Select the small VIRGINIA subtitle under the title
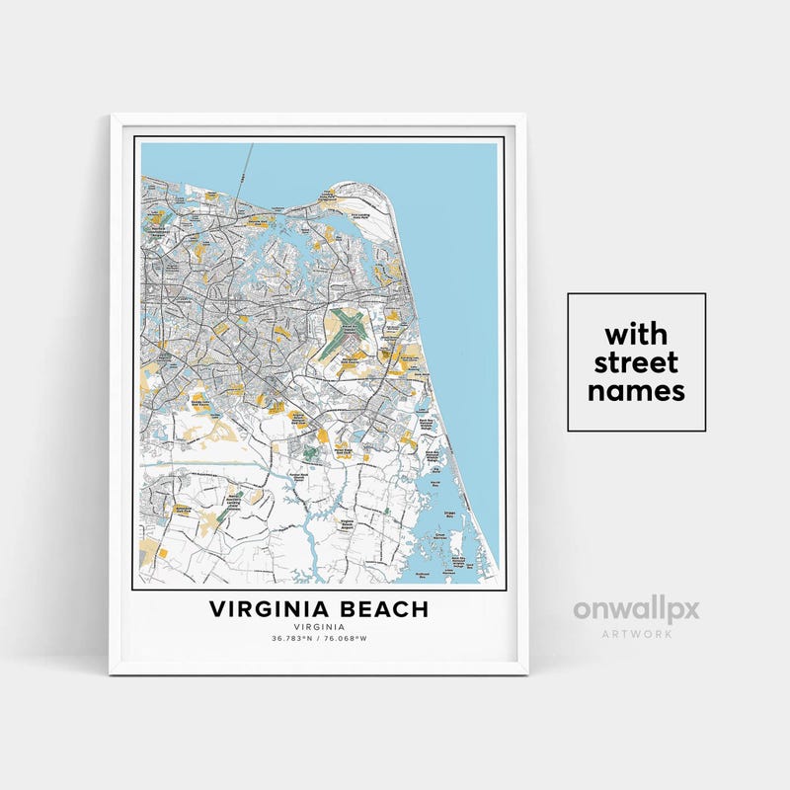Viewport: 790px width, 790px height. click(x=319, y=626)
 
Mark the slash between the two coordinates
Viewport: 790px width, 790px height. click(x=319, y=638)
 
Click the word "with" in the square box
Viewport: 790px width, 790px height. click(x=636, y=332)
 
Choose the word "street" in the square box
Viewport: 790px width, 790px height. click(x=636, y=361)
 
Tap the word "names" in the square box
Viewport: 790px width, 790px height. click(x=636, y=391)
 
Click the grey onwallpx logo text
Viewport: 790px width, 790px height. click(x=636, y=608)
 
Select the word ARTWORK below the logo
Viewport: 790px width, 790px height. click(x=636, y=633)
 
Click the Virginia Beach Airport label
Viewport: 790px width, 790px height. click(x=348, y=524)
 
